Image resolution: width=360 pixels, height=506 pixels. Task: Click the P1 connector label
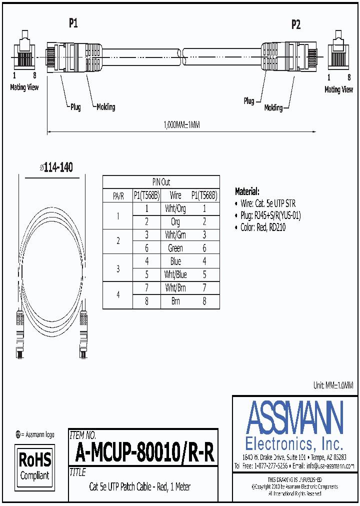point(73,22)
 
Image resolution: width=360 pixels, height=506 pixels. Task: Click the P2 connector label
point(296,24)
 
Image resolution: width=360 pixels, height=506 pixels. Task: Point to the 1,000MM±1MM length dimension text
point(182,125)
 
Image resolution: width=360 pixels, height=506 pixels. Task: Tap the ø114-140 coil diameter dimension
point(56,167)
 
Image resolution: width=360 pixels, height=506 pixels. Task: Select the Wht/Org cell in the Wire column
point(175,209)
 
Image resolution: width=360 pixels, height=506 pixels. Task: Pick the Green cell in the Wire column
point(175,248)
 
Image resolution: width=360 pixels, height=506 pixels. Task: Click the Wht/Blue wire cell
point(175,274)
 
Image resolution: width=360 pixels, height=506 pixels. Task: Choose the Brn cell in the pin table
point(175,301)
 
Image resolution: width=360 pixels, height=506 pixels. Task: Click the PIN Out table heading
point(161,182)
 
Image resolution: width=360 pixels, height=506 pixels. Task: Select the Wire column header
point(175,195)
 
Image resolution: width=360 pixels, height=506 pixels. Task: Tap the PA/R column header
point(118,196)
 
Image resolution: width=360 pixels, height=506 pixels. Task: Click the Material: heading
point(247,191)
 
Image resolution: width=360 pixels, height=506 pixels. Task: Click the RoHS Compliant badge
point(34,466)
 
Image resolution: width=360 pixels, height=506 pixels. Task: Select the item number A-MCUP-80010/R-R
point(144,453)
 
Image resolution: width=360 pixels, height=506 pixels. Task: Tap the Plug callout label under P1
point(75,106)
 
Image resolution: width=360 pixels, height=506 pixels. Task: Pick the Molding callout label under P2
point(273,107)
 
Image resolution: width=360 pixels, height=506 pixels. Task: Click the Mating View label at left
point(24,87)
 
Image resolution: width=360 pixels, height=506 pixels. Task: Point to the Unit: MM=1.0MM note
point(333,385)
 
